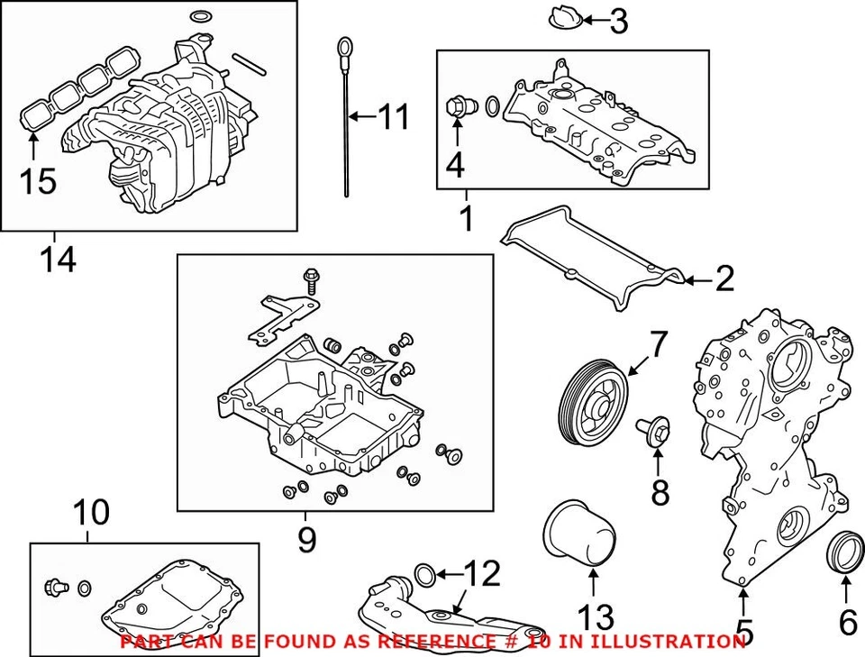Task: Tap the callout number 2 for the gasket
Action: coord(724,280)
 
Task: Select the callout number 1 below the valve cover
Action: coord(466,217)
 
